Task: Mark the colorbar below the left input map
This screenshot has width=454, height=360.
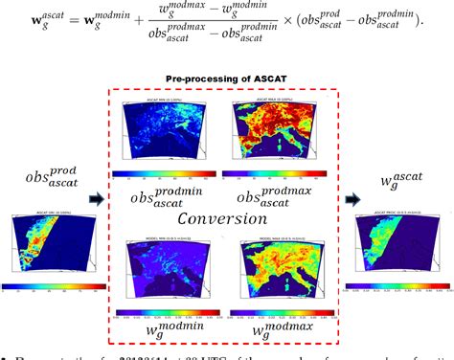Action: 46,286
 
